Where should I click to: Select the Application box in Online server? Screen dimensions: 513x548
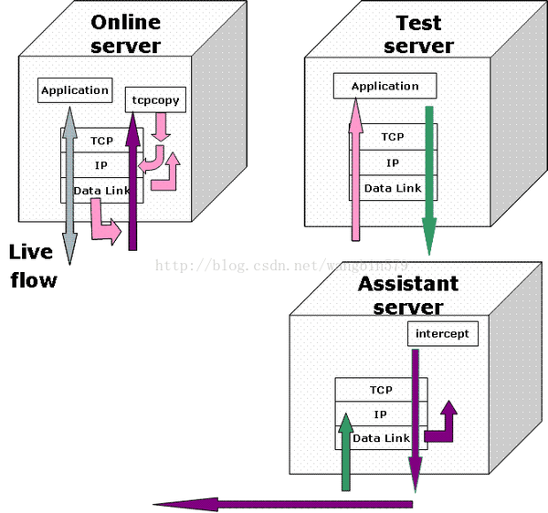(75, 90)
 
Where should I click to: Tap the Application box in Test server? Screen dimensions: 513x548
(385, 86)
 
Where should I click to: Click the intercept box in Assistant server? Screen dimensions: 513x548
(442, 333)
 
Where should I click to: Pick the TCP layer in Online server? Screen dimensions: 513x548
(101, 141)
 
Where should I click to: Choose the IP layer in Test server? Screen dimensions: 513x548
(393, 162)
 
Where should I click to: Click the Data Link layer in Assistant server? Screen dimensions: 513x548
(381, 438)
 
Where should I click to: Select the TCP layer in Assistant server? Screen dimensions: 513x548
(381, 390)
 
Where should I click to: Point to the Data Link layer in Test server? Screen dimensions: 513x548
(393, 188)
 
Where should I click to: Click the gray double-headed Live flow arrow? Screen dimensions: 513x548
(69, 183)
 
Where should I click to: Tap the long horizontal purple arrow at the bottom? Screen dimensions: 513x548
(283, 503)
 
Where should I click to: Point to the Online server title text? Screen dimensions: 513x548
(125, 34)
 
